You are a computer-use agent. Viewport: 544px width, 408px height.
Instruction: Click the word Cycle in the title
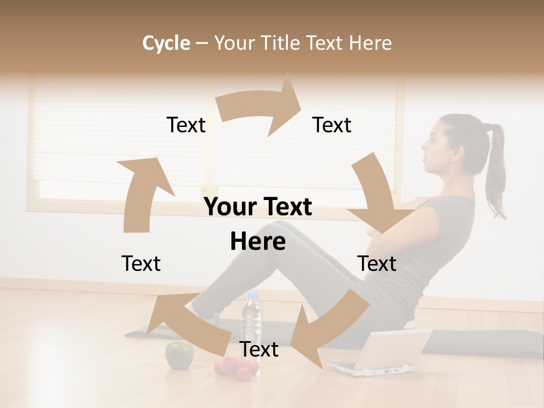(165, 43)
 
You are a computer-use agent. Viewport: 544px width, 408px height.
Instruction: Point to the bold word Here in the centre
(258, 242)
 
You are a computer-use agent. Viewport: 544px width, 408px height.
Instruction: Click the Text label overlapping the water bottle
(259, 349)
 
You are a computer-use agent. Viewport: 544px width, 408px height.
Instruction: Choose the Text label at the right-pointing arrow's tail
(186, 125)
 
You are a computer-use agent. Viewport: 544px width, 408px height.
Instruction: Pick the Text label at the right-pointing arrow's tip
(332, 125)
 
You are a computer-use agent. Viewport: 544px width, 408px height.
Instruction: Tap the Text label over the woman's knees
(377, 263)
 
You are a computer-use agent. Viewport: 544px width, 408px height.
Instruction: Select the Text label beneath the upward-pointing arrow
(141, 263)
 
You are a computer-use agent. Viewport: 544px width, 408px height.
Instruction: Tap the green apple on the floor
(179, 355)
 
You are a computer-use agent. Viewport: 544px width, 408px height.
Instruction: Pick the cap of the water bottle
(252, 295)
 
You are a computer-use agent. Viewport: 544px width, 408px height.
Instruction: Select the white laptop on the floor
(385, 351)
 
